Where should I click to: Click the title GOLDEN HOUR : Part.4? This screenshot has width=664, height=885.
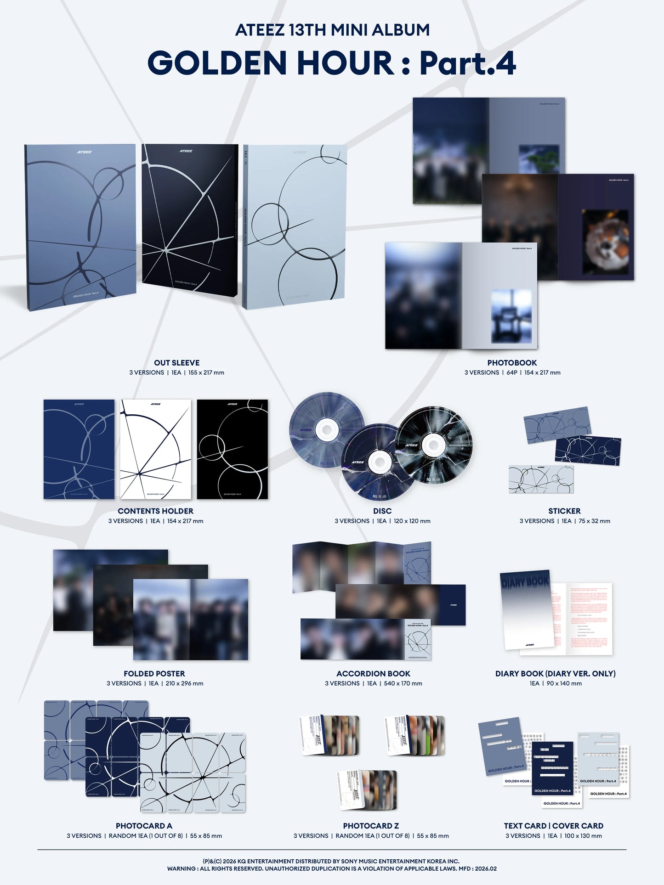pos(332,63)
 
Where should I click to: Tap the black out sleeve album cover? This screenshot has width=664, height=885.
pos(189,220)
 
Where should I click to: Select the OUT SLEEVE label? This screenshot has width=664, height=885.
pos(176,362)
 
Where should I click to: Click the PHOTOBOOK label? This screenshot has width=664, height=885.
pos(512,362)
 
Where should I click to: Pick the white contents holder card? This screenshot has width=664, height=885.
pos(155,449)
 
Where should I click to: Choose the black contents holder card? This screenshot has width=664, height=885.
pos(232,449)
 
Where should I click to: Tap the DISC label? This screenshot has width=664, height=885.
pos(382,511)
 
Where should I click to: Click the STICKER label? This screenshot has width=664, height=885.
pos(564,511)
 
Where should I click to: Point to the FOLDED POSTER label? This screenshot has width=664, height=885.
pos(154,673)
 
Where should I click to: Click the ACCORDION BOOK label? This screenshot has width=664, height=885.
pos(373,673)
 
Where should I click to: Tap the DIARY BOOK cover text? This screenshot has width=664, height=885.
pos(525,581)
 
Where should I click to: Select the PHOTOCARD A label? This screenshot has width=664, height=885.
pos(144,825)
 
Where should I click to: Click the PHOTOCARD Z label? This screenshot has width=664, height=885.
pos(371,825)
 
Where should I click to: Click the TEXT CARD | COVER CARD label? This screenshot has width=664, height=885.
pos(553,825)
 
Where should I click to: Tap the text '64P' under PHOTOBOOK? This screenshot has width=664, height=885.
pos(511,372)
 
